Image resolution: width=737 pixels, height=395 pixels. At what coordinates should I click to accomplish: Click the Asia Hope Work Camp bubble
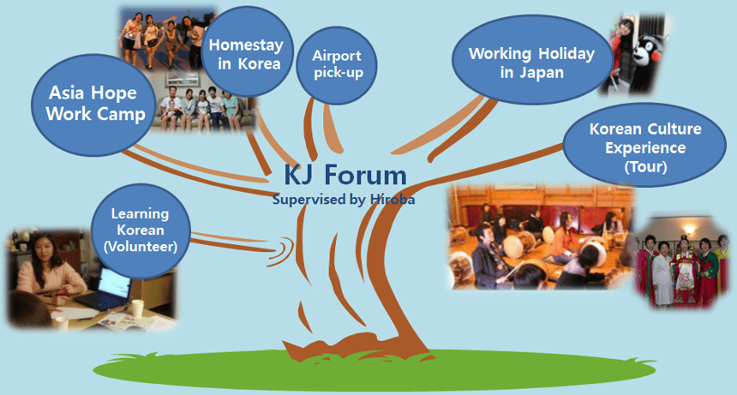point(93,105)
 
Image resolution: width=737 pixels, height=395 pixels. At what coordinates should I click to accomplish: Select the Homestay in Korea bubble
point(247,51)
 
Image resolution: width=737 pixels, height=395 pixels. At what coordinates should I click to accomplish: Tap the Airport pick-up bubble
point(337,65)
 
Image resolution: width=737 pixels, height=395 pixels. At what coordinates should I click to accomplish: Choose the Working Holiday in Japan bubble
point(531,60)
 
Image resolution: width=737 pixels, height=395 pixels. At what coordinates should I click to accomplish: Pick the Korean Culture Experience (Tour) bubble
point(644,145)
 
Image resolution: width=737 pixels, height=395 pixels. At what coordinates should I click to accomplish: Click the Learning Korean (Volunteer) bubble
point(141,230)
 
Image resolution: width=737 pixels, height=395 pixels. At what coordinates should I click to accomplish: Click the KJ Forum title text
point(345,175)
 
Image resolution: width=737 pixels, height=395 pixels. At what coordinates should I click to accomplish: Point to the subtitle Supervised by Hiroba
point(343,200)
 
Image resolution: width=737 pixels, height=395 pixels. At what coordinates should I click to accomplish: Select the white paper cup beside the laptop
point(137,308)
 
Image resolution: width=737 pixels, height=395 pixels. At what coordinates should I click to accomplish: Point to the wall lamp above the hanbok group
point(689,230)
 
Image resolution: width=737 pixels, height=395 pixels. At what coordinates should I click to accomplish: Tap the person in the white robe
point(663,272)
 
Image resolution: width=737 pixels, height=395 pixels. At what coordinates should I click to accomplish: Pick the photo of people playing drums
point(541,236)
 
